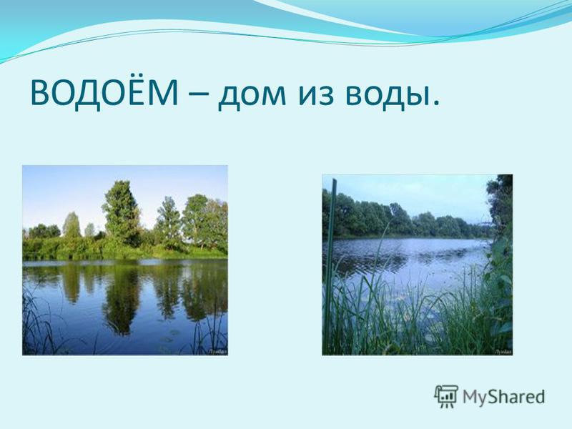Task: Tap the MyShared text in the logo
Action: tap(504, 397)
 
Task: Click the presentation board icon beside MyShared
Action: tap(445, 396)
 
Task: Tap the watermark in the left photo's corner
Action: tap(219, 352)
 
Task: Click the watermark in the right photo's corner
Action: tap(504, 352)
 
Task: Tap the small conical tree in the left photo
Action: tap(71, 225)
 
